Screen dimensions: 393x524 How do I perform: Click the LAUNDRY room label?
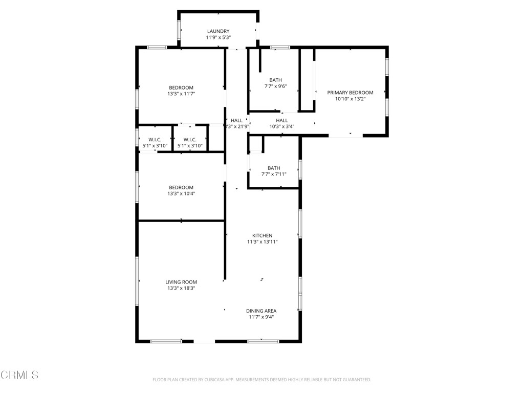pos(218,31)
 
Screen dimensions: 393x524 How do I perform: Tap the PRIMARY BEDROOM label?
pos(350,93)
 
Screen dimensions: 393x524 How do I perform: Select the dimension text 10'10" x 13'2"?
pos(350,99)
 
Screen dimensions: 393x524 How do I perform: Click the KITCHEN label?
pos(262,235)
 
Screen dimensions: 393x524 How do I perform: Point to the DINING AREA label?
pos(261,311)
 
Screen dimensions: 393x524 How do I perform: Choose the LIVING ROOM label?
pos(181,282)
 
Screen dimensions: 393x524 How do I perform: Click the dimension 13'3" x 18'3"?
pos(181,289)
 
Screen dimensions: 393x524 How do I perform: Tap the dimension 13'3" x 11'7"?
pos(181,94)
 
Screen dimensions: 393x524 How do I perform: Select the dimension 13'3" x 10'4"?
pos(181,194)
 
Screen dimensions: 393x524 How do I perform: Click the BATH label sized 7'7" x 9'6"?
pos(275,80)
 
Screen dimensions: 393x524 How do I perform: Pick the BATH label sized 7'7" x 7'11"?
pos(274,168)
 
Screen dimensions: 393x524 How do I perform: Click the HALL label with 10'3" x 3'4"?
pos(282,120)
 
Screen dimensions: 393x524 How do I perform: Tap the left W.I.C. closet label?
pos(155,140)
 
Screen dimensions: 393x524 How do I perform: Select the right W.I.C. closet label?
pos(190,140)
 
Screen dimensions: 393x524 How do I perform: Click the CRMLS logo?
pos(19,375)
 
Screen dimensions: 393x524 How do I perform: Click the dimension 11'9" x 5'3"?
pos(218,38)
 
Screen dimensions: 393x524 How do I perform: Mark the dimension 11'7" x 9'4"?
pos(261,317)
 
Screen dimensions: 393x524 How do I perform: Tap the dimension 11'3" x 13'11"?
pos(262,242)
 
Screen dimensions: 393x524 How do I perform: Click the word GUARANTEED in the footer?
pos(356,380)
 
